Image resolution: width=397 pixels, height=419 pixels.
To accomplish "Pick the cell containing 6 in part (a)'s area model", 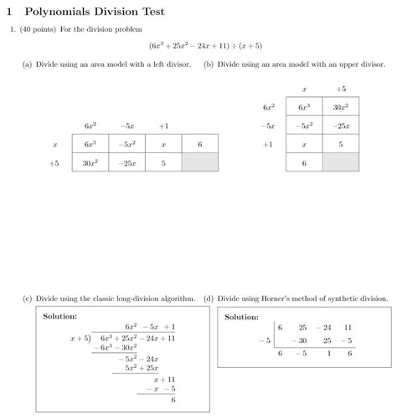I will [x=200, y=145].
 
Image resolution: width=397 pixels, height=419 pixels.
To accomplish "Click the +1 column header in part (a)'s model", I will [x=163, y=125].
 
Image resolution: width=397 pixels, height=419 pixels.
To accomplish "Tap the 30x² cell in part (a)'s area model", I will [x=90, y=164].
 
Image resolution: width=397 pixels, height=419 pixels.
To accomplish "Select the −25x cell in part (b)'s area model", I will [x=341, y=125].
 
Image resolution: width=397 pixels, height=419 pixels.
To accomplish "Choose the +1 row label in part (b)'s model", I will [x=268, y=144].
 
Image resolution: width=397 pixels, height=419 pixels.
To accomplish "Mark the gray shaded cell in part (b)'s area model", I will [x=341, y=162].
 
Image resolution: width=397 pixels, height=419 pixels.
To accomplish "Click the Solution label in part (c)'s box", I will [x=59, y=316].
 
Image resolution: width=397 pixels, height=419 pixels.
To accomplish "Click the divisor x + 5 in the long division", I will [x=80, y=339].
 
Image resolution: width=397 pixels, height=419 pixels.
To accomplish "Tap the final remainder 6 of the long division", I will [x=173, y=400].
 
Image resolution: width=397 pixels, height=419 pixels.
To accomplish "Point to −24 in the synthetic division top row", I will [x=325, y=328].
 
